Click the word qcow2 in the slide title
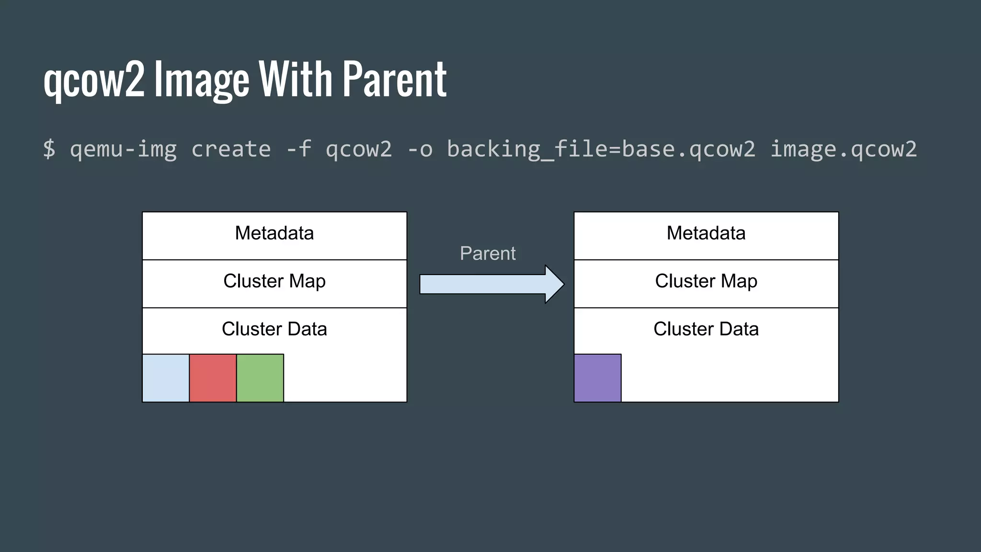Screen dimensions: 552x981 pyautogui.click(x=94, y=80)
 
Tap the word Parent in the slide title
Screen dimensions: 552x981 pyautogui.click(x=395, y=80)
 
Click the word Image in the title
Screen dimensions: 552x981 pyautogui.click(x=202, y=80)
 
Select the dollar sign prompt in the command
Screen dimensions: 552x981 pyautogui.click(x=49, y=149)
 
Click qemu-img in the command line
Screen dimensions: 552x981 pyautogui.click(x=123, y=149)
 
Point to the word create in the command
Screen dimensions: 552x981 pyautogui.click(x=231, y=149)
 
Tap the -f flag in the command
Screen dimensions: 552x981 pyautogui.click(x=299, y=149)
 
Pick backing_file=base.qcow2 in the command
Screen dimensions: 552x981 pyautogui.click(x=601, y=149)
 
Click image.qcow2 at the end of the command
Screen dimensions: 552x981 pyautogui.click(x=843, y=149)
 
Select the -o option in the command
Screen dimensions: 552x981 pyautogui.click(x=420, y=149)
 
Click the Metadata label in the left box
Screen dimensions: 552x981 pyautogui.click(x=274, y=233)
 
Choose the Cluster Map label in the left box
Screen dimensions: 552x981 pyautogui.click(x=274, y=281)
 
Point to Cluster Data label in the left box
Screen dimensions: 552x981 pyautogui.click(x=274, y=329)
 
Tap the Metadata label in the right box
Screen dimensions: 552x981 pyautogui.click(x=706, y=233)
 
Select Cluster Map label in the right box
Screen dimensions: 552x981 pyautogui.click(x=706, y=281)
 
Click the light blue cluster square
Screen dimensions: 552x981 pyautogui.click(x=166, y=378)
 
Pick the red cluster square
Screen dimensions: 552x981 pyautogui.click(x=213, y=378)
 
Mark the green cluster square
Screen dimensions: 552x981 pyautogui.click(x=260, y=378)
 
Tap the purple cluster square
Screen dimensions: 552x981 pyautogui.click(x=597, y=378)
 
